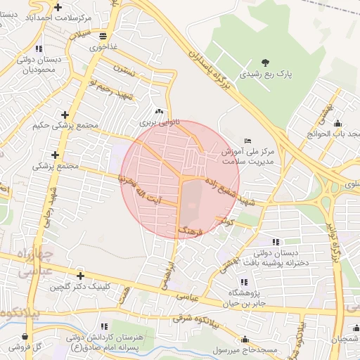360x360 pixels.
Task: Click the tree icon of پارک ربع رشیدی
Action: [x=265, y=63]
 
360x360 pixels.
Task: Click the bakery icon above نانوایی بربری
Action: [x=158, y=110]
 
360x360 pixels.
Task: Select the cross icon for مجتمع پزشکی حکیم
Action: [x=65, y=114]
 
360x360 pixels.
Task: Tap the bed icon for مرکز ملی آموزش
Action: [x=246, y=141]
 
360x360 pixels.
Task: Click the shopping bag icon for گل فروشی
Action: [x=13, y=346]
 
